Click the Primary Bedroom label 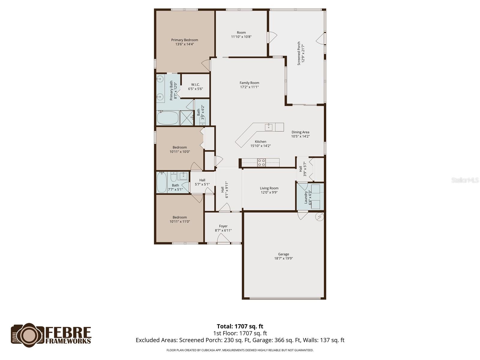[184, 40]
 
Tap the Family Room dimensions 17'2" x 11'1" [249, 87]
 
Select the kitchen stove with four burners [261, 163]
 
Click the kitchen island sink [268, 127]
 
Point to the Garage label [283, 254]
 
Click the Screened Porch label [299, 53]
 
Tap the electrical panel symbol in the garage [320, 217]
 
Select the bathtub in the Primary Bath [168, 118]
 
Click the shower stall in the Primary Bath [187, 118]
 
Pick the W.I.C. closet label [195, 85]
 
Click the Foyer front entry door [223, 239]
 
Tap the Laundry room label [306, 197]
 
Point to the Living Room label [269, 188]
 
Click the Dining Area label [300, 132]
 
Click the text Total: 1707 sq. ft [240, 326]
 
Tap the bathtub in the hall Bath [162, 182]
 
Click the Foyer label [223, 226]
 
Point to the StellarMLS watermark [465, 180]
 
